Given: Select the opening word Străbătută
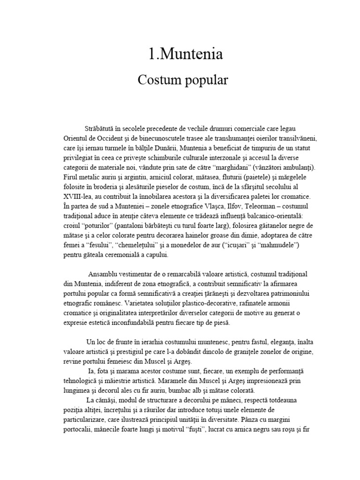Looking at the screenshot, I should (x=102, y=128).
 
